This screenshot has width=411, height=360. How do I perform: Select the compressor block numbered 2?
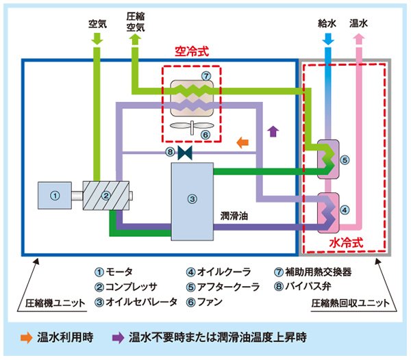point(105,196)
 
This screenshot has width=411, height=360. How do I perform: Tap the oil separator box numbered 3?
point(192,200)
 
